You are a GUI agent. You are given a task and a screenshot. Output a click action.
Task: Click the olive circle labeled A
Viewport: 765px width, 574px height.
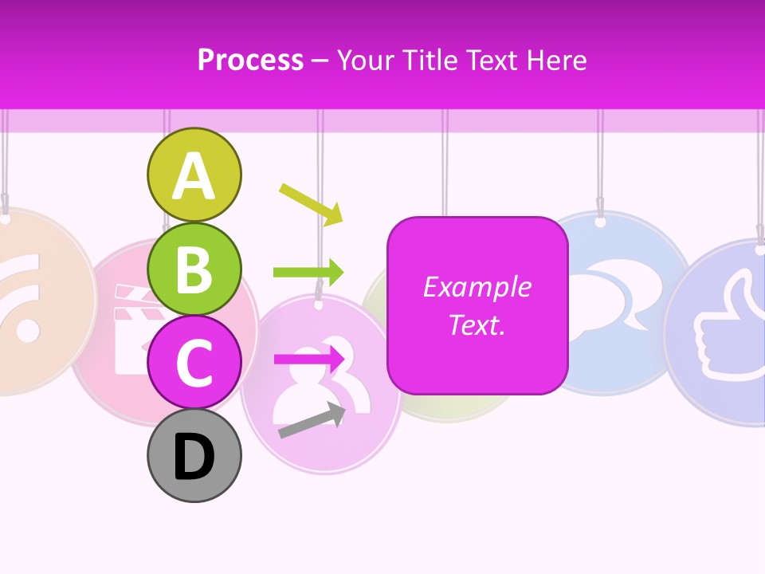[x=194, y=175]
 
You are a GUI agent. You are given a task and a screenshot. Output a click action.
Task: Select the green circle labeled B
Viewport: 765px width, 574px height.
[x=194, y=269]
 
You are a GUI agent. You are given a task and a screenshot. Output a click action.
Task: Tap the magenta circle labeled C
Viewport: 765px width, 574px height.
[x=194, y=362]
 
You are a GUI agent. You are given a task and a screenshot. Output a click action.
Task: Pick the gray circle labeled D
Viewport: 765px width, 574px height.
[x=194, y=455]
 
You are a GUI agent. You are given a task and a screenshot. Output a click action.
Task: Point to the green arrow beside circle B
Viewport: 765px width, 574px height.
[x=308, y=272]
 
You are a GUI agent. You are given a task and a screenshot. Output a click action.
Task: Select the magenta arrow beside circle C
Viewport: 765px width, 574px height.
[x=309, y=360]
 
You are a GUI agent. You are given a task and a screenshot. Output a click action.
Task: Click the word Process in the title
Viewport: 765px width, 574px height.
[x=250, y=61]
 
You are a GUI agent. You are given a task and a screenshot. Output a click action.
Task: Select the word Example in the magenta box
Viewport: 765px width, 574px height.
[x=477, y=287]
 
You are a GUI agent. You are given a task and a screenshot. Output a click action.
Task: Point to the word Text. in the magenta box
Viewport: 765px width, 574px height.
[x=477, y=324]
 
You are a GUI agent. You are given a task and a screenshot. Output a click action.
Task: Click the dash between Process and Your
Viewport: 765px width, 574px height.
[x=320, y=61]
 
